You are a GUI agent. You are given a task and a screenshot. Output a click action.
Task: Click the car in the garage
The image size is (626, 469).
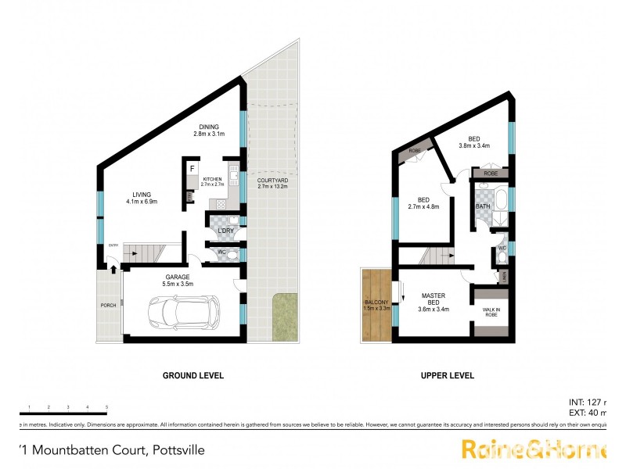(x=185, y=312)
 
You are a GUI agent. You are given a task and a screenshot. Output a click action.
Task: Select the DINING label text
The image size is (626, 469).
(x=209, y=127)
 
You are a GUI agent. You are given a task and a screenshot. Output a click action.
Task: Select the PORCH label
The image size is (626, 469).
(x=107, y=306)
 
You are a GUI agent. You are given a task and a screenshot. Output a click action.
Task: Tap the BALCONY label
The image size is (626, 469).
(x=376, y=303)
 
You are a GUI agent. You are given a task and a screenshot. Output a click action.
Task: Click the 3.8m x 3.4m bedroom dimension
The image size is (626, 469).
(x=474, y=145)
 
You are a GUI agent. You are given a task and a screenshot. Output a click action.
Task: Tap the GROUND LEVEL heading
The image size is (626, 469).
(x=192, y=376)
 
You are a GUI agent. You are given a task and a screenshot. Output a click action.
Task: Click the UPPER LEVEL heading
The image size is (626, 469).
(x=448, y=376)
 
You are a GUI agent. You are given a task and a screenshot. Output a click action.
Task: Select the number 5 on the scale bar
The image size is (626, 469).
(x=106, y=407)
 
